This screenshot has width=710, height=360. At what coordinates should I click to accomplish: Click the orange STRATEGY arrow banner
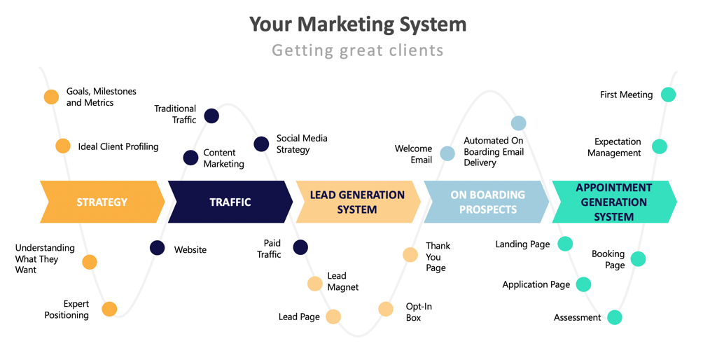tap(102, 202)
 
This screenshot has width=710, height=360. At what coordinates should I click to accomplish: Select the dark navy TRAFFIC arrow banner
tap(230, 202)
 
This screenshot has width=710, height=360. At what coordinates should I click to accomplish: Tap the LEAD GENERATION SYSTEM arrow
tap(358, 202)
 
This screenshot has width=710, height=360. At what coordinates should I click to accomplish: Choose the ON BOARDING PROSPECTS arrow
tap(487, 202)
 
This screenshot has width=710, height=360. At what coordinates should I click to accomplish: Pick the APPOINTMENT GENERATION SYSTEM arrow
tap(615, 202)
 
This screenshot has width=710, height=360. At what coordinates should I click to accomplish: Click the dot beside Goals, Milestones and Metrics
tap(51, 97)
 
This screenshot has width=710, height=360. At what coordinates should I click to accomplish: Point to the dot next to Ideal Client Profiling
tap(63, 146)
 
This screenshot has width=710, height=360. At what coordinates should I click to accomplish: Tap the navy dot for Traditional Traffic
tap(211, 116)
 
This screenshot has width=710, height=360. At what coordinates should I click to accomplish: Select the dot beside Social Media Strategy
tap(261, 144)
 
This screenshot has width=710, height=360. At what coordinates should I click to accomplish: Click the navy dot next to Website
tap(157, 248)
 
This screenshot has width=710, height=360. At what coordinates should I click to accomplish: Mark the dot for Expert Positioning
tap(109, 309)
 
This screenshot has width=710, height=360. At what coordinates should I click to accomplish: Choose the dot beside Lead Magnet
tap(314, 284)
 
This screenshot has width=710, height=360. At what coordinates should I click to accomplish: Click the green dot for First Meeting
tap(669, 95)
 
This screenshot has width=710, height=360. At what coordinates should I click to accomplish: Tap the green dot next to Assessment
tap(615, 317)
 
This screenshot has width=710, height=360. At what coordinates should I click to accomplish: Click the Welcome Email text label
tap(413, 154)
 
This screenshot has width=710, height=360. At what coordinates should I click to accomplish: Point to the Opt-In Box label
tap(419, 312)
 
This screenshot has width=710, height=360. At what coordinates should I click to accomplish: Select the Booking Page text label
tap(608, 259)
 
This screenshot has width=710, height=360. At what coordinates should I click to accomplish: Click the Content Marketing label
tap(223, 158)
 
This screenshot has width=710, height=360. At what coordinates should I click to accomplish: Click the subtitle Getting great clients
tap(358, 50)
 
